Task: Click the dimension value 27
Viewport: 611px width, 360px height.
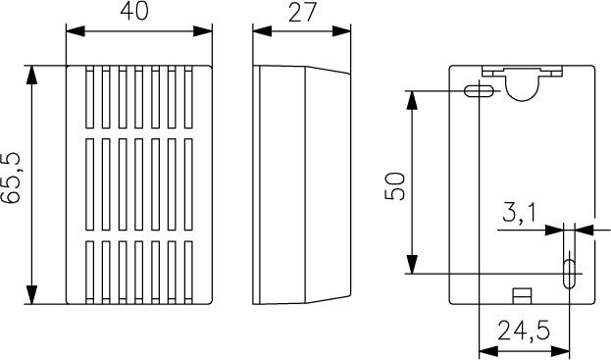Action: click(302, 12)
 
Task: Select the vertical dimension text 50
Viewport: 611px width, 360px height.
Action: click(393, 184)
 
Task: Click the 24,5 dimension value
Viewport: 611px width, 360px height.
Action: click(522, 332)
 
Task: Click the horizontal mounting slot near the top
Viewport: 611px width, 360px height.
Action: click(478, 92)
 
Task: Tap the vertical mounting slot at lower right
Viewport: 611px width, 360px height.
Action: click(569, 272)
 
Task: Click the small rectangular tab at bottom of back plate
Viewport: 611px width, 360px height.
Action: click(523, 293)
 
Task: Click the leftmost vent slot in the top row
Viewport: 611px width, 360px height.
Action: click(89, 98)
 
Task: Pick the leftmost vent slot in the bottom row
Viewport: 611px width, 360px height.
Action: click(89, 269)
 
